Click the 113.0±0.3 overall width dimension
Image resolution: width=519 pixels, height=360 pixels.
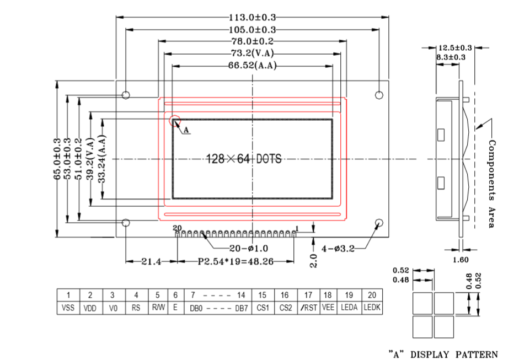[x=252, y=17]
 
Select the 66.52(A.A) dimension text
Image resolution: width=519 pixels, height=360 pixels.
[x=252, y=66]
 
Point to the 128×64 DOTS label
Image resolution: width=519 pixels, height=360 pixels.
[x=243, y=159]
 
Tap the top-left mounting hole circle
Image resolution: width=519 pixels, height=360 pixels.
[x=126, y=95]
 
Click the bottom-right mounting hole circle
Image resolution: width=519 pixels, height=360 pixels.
[x=379, y=223]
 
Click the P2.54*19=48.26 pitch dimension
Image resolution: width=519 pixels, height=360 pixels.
[x=236, y=262]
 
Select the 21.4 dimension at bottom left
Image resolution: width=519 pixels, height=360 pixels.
[x=151, y=262]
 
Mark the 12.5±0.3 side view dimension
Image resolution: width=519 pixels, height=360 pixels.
[x=455, y=48]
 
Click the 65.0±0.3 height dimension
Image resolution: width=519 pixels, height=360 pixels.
[x=57, y=159]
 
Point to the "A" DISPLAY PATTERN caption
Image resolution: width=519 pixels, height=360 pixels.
[x=443, y=354]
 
